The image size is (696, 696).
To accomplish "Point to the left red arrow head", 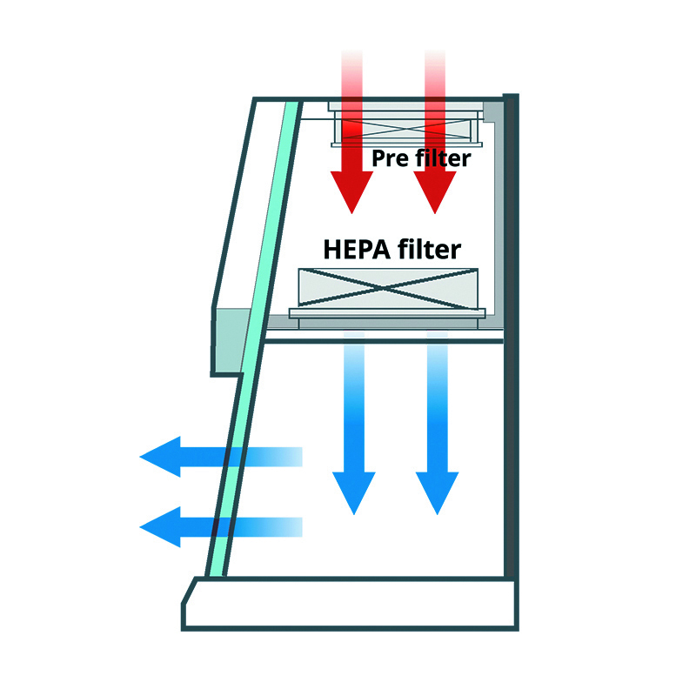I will (351, 191).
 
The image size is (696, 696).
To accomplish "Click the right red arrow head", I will (434, 191).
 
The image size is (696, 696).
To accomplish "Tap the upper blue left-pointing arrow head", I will (161, 456).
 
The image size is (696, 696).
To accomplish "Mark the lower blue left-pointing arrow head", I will (161, 526).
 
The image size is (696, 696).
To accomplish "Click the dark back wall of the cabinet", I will (511, 348).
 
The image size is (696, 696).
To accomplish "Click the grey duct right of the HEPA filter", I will (497, 217).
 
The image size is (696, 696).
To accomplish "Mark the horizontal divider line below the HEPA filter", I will (383, 340).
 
